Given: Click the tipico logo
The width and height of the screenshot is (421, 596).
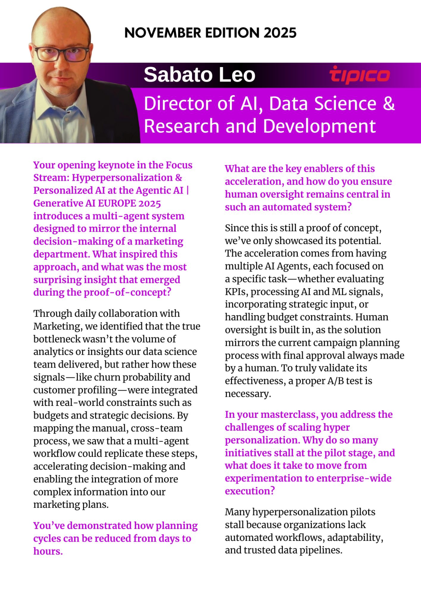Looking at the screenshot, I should tap(359, 75).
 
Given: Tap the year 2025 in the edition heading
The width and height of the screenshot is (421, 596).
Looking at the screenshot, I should tap(280, 33).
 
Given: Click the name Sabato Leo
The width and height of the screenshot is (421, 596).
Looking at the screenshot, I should tap(199, 75).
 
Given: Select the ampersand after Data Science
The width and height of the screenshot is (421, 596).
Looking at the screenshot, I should tap(389, 103).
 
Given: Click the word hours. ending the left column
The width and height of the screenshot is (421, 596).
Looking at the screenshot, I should tap(48, 552).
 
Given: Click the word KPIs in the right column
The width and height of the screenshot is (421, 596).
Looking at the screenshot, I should tap(236, 292).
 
